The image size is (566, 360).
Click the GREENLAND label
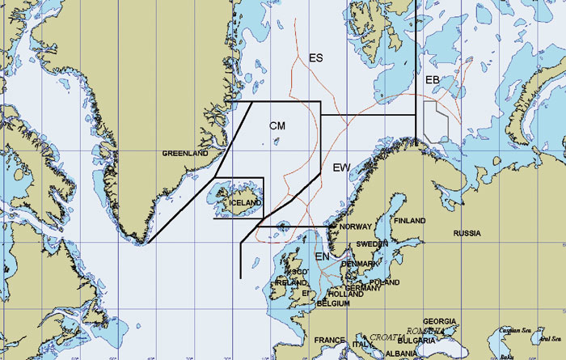click(x=185, y=153)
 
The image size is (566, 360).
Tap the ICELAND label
click(x=245, y=202)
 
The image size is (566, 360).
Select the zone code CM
click(x=277, y=125)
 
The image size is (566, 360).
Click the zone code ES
click(x=316, y=58)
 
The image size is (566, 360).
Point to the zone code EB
click(x=433, y=79)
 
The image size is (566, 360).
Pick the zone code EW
click(x=342, y=167)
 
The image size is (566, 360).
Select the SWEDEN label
click(x=373, y=244)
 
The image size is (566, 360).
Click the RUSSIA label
click(x=467, y=234)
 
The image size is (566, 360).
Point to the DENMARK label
click(x=358, y=264)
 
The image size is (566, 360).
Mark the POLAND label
click(x=384, y=282)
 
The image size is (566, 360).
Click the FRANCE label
click(x=329, y=340)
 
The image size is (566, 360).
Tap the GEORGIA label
click(x=440, y=321)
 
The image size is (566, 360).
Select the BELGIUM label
click(x=332, y=303)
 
